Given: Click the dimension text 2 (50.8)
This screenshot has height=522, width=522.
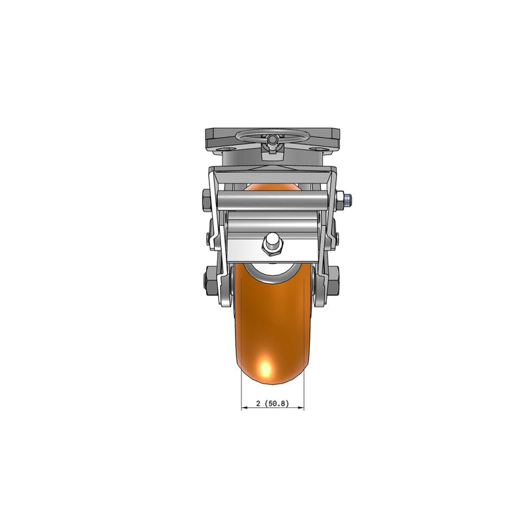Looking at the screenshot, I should pos(272,403).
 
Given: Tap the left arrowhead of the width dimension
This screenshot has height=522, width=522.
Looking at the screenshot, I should pos(244,408).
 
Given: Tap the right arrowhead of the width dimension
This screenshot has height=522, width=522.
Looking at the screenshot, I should pos(302,408).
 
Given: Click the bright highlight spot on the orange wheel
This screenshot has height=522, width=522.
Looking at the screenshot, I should pos(266,370).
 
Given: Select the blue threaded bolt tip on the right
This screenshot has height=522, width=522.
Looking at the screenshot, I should pos(352,198).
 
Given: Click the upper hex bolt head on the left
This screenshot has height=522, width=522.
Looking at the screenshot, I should pos(204,199).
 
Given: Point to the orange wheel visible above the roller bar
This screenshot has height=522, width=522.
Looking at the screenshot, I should pos(272,188).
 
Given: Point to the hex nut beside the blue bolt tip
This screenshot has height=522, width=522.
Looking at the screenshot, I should pos(341,199).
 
